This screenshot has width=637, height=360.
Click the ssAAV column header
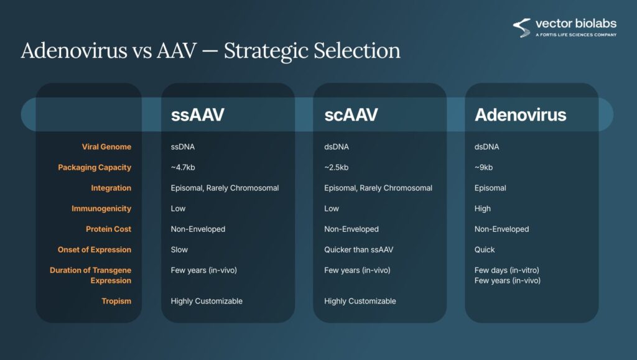197,115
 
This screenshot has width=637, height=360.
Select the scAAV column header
351,115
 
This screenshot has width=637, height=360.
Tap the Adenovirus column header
521,115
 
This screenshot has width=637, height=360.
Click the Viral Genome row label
106,147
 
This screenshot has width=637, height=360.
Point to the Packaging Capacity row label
95,168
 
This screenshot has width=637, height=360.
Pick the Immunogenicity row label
101,209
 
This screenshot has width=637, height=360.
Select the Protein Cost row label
108,229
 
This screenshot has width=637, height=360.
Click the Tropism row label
116,301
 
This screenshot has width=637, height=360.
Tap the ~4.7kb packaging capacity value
183,168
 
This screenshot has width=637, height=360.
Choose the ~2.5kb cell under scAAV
337,168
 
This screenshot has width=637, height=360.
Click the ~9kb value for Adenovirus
483,168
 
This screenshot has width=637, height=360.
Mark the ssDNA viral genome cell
183,147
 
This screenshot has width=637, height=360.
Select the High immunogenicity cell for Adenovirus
483,209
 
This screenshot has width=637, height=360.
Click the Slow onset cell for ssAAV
179,249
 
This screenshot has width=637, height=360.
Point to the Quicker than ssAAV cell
359,249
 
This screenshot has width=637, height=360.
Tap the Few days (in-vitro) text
506,270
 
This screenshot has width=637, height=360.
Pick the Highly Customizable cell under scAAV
360,301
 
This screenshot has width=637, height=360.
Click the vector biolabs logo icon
522,27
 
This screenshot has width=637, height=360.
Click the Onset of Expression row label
95,249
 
